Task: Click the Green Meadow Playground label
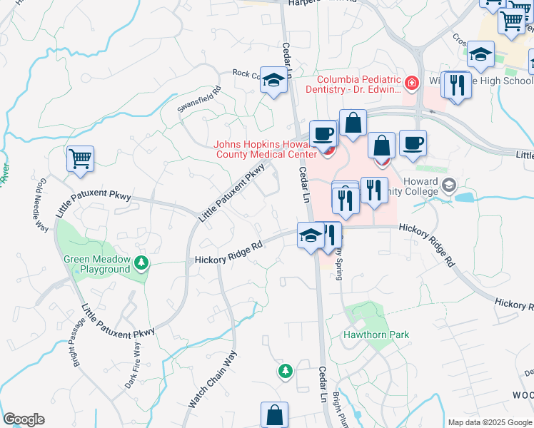[96, 264]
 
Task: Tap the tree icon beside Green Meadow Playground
[142, 264]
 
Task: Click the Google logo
[24, 419]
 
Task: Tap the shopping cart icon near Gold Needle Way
[80, 158]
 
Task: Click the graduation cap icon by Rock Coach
[273, 81]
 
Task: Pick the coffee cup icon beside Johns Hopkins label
[323, 133]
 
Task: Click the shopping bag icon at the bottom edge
[274, 414]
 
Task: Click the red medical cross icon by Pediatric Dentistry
[411, 84]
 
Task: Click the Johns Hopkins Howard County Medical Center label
[266, 149]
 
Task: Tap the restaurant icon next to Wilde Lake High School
[456, 85]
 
